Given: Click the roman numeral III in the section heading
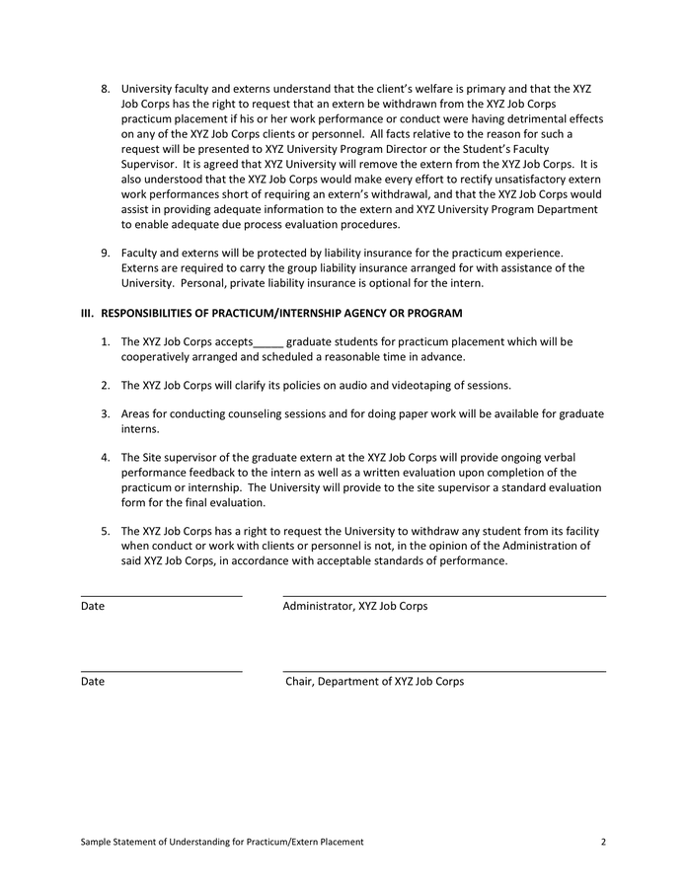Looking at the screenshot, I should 87,314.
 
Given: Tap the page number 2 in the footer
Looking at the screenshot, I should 602,842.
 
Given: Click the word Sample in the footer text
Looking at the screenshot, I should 99,842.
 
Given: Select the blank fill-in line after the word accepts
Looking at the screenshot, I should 268,342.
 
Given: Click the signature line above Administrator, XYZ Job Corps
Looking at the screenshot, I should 444,596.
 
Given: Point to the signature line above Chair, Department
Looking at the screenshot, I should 444,672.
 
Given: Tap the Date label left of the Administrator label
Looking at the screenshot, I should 93,606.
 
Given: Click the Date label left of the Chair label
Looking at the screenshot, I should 93,682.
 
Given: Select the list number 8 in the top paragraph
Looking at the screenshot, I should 106,89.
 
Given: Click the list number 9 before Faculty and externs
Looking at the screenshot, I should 106,254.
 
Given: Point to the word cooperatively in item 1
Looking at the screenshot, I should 156,357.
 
